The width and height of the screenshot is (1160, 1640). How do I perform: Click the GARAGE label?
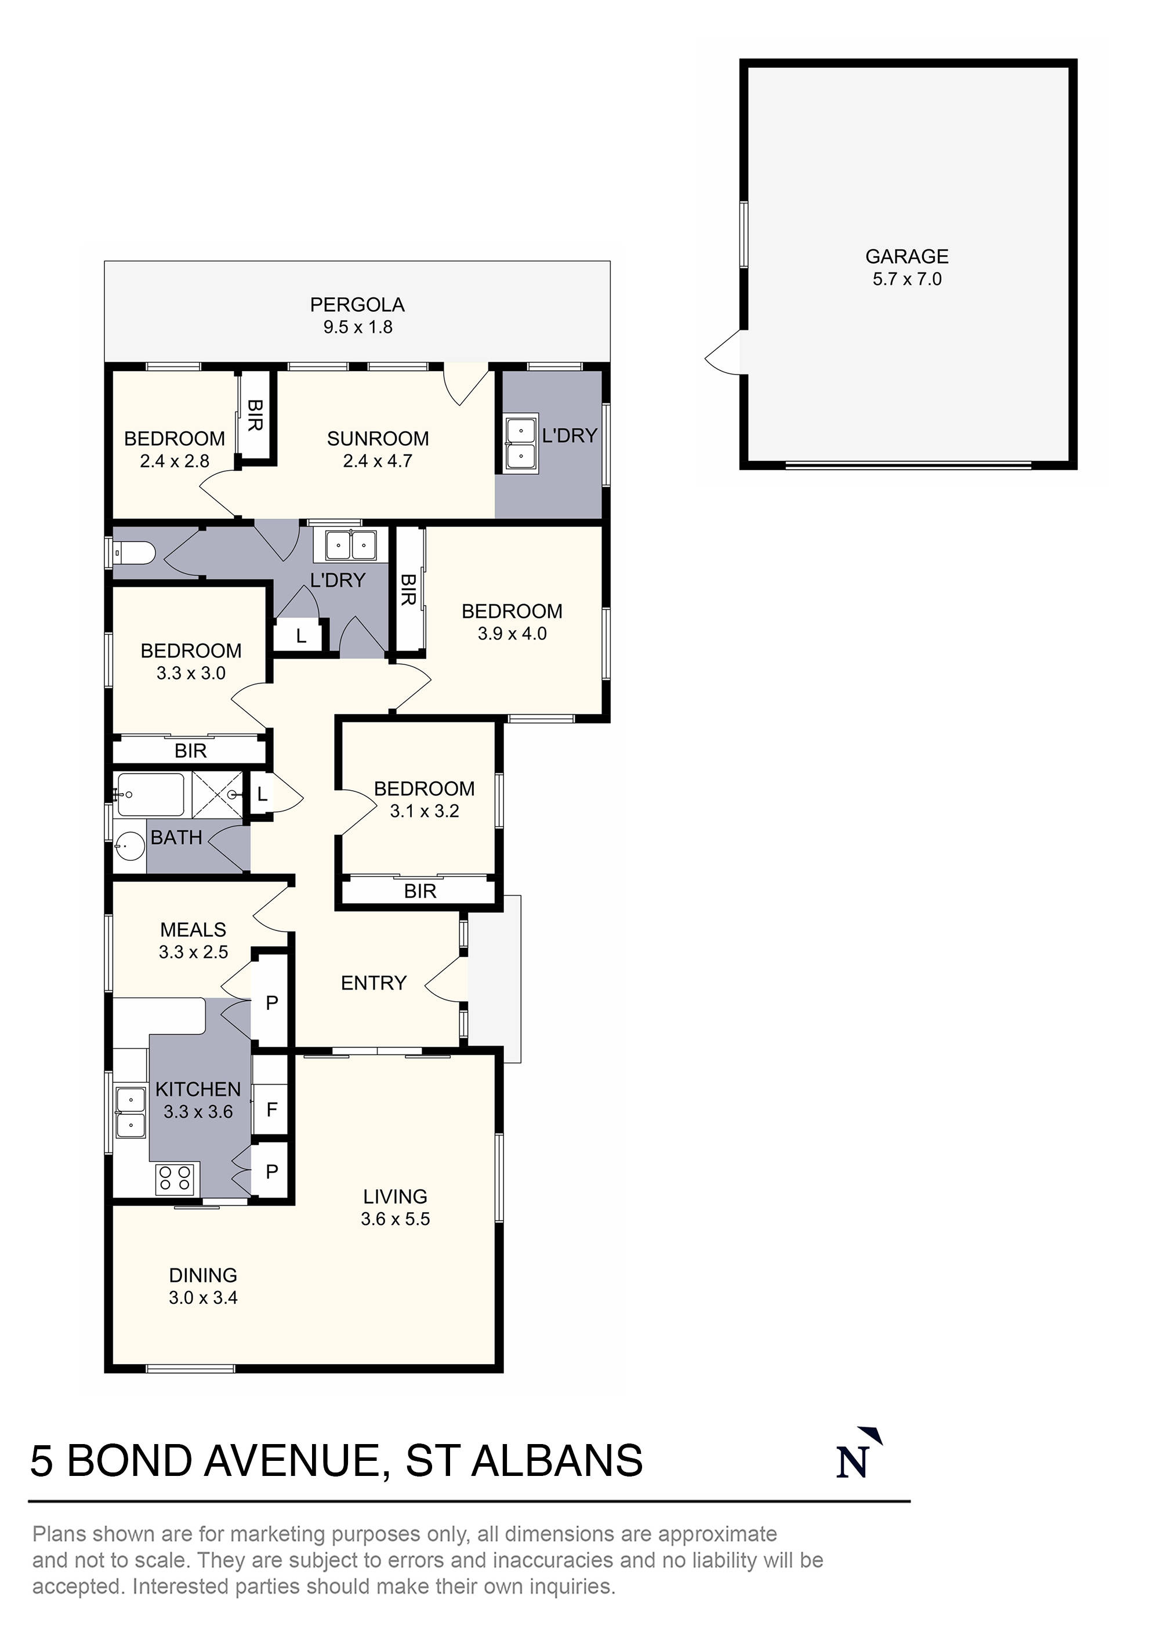pos(907,256)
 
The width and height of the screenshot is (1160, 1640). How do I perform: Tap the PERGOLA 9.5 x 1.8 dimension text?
pos(357,327)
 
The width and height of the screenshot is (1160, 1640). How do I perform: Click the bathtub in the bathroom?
pos(151,794)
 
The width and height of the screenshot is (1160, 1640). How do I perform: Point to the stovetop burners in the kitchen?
pos(175,1178)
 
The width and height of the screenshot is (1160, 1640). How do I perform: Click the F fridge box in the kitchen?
pos(271,1110)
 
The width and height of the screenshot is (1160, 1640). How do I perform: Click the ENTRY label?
pos(373,983)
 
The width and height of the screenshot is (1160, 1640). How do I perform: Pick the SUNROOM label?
pos(378,439)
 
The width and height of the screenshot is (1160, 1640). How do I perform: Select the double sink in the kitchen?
pos(131,1112)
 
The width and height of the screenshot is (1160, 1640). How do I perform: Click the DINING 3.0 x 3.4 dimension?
pos(203,1298)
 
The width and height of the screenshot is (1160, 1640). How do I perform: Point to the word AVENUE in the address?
pos(292,1461)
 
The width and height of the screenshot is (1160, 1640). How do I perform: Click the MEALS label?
pos(193,929)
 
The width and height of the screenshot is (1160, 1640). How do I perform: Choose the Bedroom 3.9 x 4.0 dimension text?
pos(512,634)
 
